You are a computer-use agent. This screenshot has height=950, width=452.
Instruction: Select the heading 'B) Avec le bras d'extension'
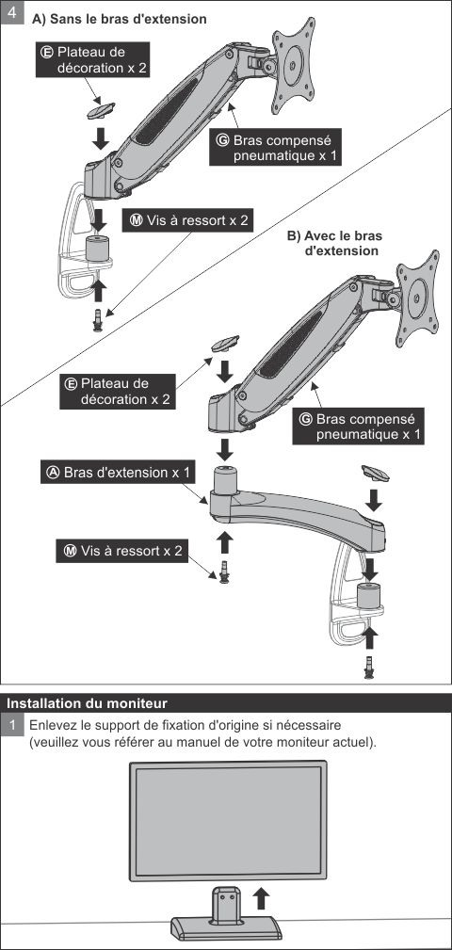point(334,244)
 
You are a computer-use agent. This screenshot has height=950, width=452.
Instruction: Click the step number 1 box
point(13,726)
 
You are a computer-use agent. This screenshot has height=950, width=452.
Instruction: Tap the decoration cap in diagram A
point(99,109)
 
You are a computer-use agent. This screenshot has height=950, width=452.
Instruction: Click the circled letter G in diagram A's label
point(222,138)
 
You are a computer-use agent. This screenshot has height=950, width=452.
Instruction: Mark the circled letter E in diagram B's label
point(70,384)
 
